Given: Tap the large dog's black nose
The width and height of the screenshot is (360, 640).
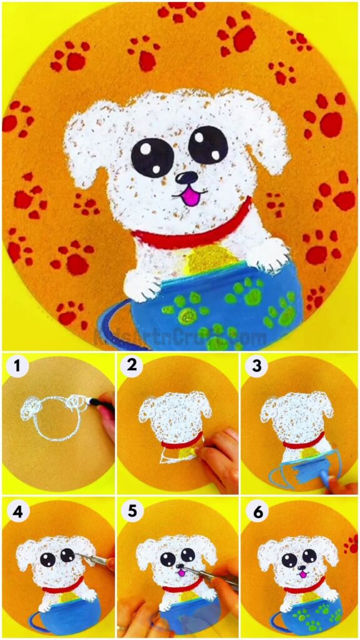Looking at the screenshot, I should [x=187, y=179].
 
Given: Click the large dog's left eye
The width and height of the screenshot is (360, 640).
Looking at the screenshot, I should [x=152, y=156].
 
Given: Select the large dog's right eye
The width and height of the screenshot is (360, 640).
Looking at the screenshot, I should [x=208, y=144].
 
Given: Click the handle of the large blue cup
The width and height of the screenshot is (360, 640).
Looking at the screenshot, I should [x=112, y=325].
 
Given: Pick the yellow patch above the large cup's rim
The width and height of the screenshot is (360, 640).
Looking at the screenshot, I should [x=210, y=257].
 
